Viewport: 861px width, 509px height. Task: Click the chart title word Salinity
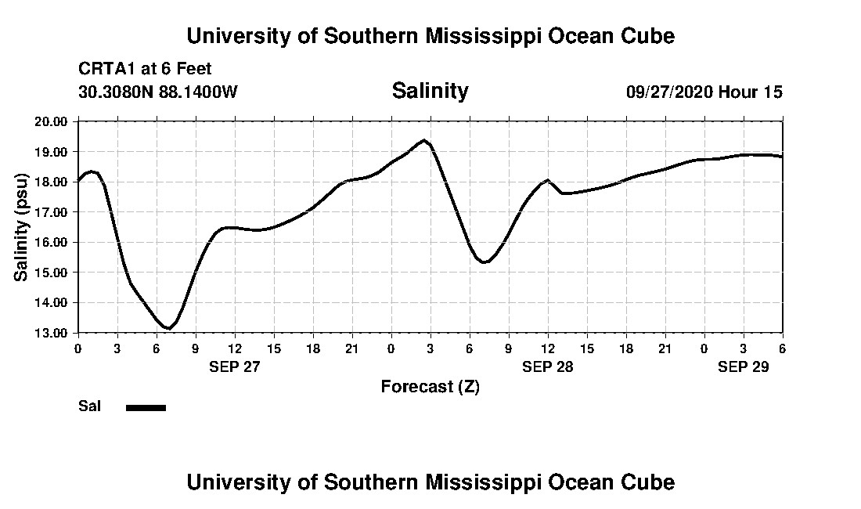[430, 91]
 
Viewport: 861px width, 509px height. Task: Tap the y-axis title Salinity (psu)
[21, 227]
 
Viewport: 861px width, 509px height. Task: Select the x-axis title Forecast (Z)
[430, 386]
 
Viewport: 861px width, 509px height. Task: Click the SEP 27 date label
[234, 366]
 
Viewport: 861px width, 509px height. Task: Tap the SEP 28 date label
[548, 366]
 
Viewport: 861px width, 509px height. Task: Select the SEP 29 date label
[744, 366]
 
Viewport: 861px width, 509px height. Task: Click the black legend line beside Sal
[146, 407]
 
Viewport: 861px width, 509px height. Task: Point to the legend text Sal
[89, 406]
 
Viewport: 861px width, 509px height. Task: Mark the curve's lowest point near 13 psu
[168, 328]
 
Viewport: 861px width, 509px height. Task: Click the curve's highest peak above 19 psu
[424, 141]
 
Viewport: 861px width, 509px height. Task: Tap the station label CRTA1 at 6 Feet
[146, 70]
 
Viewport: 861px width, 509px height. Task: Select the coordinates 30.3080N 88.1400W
[158, 92]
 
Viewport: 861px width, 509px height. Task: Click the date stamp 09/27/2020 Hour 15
[704, 92]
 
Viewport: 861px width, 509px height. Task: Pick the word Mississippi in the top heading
[484, 36]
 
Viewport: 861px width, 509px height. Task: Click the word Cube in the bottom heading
[649, 482]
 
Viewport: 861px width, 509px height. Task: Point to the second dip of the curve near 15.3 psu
[485, 262]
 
